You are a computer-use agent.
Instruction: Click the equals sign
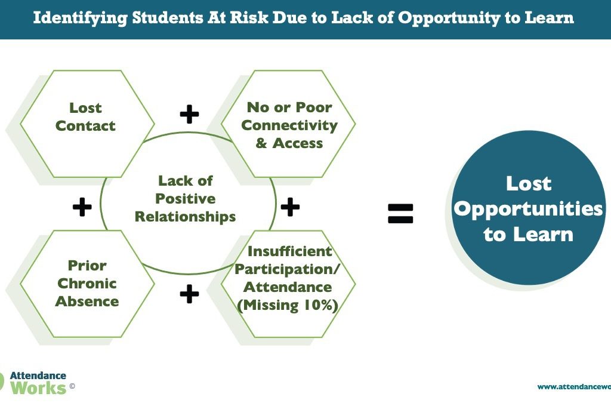[400, 214]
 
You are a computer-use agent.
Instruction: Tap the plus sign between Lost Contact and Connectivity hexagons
[189, 114]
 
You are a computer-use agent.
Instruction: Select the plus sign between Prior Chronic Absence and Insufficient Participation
[189, 294]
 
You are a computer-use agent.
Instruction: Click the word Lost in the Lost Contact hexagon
[85, 107]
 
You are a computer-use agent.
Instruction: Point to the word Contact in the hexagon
[85, 125]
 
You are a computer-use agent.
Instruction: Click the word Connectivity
[289, 125]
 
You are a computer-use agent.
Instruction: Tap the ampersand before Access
[261, 143]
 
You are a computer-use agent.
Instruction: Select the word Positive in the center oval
[185, 198]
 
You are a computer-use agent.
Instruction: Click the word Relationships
[185, 217]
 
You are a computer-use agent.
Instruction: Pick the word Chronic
[87, 284]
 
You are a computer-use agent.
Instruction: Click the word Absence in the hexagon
[87, 302]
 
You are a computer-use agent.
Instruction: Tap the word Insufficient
[289, 251]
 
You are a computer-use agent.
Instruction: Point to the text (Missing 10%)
[288, 305]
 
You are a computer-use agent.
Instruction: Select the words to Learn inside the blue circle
[529, 234]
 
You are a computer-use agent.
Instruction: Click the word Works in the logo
[38, 388]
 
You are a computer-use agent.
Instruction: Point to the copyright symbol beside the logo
[72, 386]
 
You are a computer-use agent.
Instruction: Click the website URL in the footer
[574, 387]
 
